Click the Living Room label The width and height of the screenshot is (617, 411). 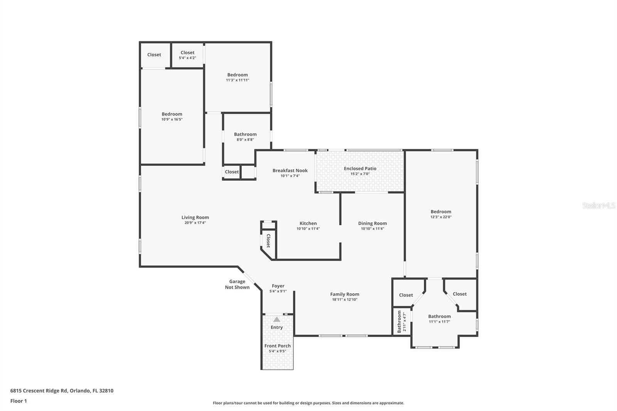click(195, 217)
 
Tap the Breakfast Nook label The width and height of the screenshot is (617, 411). click(290, 170)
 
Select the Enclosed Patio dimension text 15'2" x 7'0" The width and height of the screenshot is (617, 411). click(360, 174)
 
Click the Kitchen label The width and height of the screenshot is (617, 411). click(308, 223)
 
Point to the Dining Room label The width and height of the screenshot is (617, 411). click(372, 223)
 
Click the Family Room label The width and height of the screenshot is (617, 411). click(344, 294)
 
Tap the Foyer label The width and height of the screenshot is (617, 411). click(278, 286)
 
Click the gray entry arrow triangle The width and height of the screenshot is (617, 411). click(276, 319)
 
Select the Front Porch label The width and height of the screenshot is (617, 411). click(277, 346)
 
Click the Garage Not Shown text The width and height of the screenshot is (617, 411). click(237, 285)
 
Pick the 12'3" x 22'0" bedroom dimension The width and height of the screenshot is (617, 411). click(441, 217)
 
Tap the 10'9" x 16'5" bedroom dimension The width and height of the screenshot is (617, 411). click(172, 120)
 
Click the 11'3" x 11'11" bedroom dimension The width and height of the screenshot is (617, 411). click(238, 80)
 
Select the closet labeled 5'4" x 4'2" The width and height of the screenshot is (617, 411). click(187, 55)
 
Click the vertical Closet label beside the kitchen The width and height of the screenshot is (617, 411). click(268, 241)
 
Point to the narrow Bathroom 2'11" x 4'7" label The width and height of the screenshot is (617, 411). click(401, 322)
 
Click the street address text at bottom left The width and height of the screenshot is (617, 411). click(62, 391)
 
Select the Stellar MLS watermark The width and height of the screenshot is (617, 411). click(598, 205)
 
